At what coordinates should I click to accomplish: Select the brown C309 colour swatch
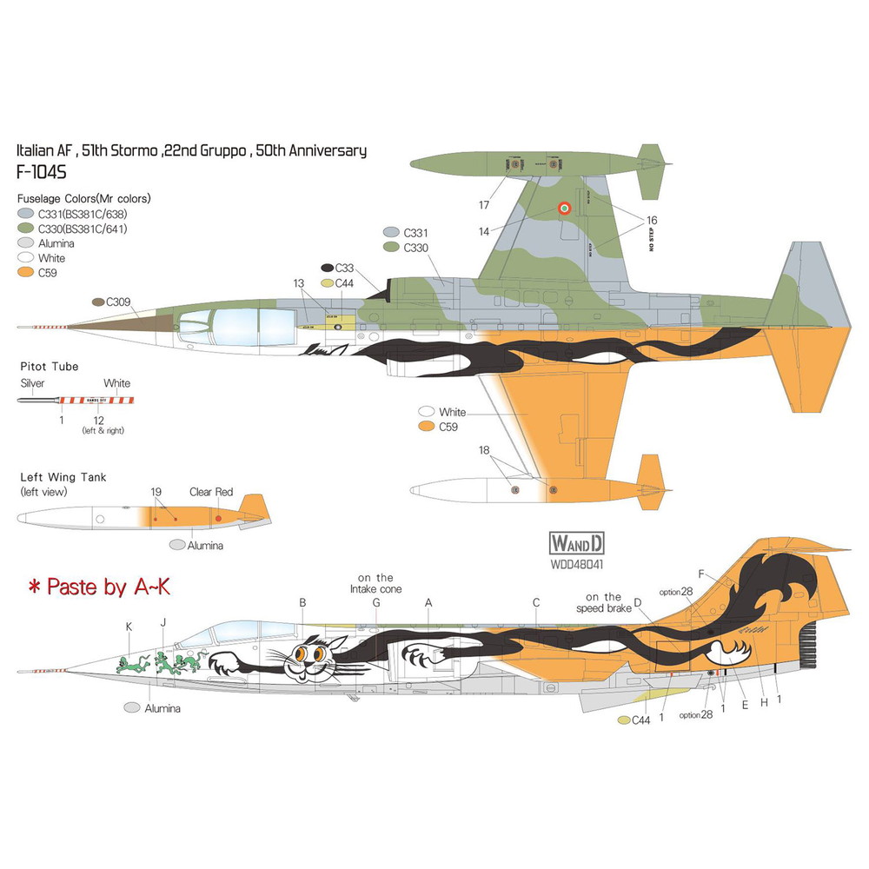point(97,302)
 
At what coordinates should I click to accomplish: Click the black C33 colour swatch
point(328,269)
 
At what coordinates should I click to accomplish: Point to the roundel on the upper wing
point(564,208)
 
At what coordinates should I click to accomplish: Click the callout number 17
point(484,205)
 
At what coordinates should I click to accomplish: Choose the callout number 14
point(484,232)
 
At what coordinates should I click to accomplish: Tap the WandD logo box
point(576,545)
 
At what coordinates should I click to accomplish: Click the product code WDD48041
point(576,563)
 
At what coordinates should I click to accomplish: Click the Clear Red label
point(211,492)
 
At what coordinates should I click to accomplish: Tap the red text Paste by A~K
point(97,587)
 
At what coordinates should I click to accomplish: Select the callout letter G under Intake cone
point(376,602)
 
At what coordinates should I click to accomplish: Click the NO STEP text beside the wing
point(651,233)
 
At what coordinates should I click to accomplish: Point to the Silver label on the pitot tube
point(32,382)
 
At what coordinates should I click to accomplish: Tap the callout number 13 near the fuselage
point(300,282)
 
